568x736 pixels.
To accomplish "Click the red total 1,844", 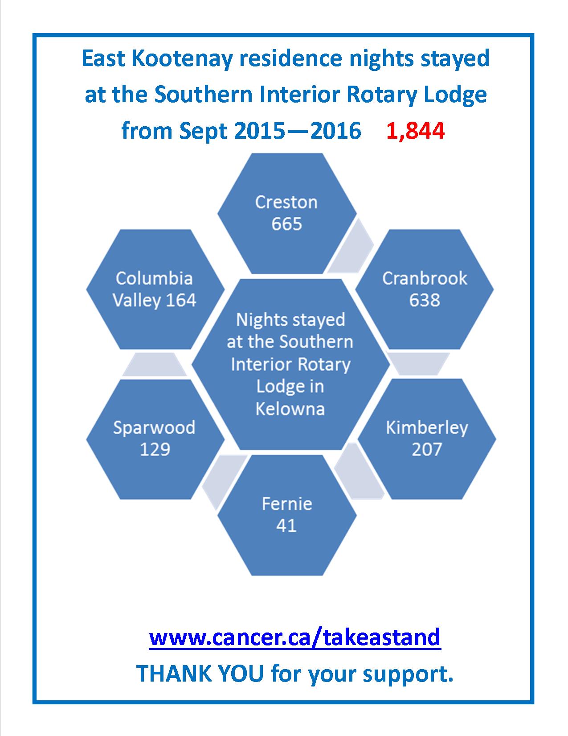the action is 416,132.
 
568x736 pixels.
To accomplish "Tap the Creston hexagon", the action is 287,213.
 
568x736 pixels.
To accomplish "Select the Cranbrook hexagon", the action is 424,289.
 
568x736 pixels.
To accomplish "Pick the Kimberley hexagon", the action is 427,439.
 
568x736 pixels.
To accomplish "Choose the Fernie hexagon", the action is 287,515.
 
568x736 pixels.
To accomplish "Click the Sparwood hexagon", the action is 155,439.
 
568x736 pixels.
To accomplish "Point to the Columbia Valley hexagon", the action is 155,289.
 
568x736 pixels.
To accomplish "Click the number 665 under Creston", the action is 286,224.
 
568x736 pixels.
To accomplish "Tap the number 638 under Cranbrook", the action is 425,300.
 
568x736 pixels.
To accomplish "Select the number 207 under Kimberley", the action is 427,450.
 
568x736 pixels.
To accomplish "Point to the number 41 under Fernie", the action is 286,525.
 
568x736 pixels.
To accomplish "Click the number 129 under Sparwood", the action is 155,450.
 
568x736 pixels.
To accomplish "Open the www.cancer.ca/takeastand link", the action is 295,637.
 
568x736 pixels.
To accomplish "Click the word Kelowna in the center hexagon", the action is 290,409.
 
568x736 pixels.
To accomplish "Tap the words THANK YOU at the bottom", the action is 200,674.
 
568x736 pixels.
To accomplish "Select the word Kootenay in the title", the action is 182,58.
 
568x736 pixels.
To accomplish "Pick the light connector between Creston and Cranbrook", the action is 351,245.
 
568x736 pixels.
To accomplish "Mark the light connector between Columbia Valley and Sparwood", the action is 155,364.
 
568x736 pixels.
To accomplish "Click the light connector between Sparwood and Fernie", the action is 224,483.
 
